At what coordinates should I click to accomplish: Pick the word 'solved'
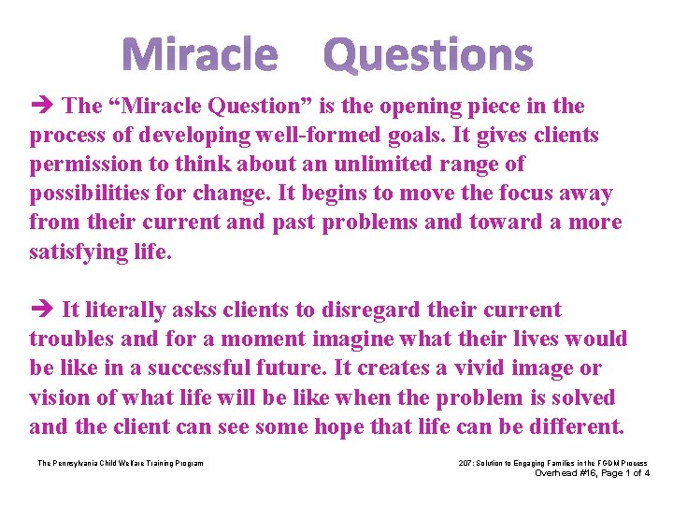[579, 397]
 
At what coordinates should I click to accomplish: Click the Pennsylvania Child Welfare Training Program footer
[120, 463]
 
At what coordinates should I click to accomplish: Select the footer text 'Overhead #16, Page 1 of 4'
[591, 473]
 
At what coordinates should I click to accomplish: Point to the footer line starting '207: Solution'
[552, 463]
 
